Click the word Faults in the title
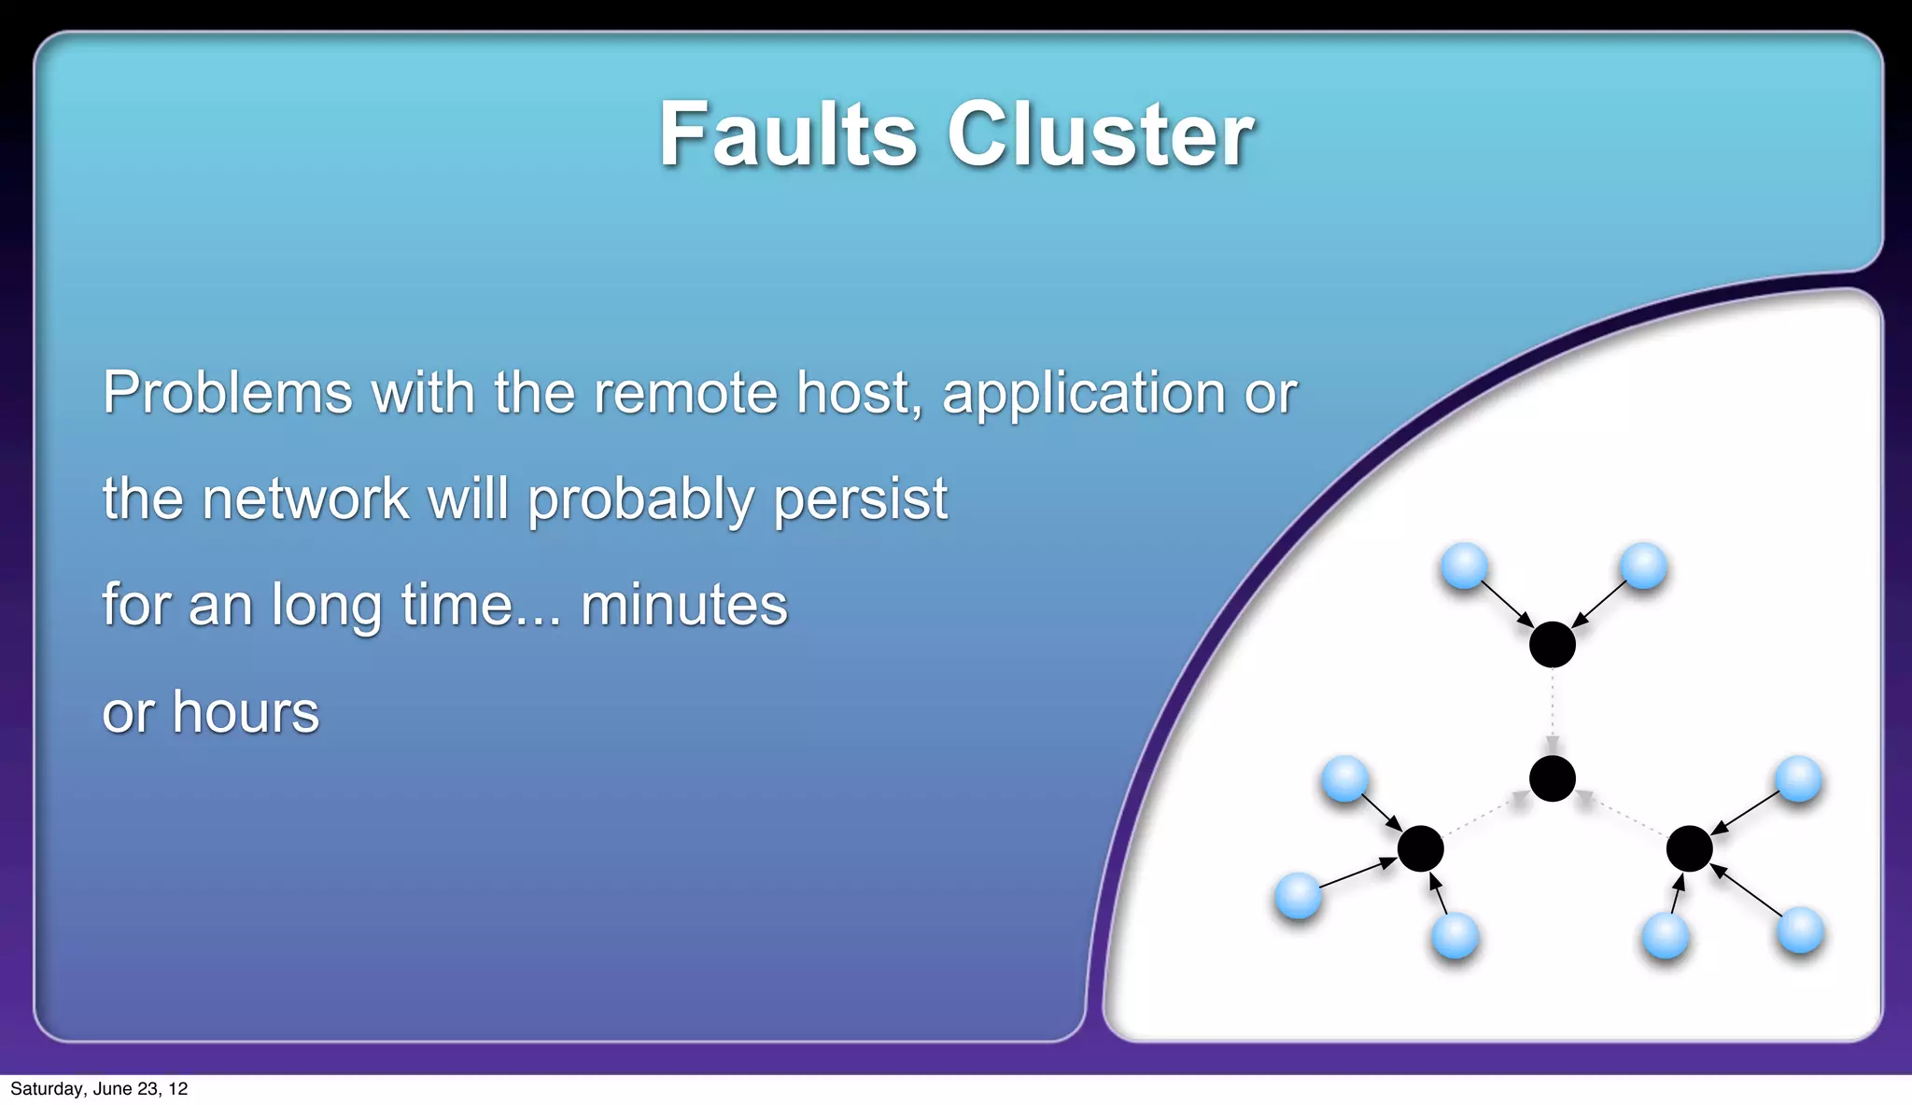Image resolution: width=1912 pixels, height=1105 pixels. [788, 135]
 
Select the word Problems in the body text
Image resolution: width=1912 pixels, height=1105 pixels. [227, 392]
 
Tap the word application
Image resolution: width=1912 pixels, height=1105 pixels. [1083, 394]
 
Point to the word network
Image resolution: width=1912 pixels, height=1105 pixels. [305, 498]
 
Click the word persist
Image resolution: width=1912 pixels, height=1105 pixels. [860, 500]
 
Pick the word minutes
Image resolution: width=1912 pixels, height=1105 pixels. [683, 605]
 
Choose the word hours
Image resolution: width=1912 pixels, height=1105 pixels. [246, 712]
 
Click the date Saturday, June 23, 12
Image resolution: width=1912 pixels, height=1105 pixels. [99, 1088]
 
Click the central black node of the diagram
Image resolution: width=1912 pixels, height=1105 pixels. [1553, 778]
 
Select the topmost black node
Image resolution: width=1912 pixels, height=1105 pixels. [1552, 644]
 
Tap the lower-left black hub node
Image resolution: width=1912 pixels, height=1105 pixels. [1420, 848]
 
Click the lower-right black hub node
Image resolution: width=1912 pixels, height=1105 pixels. [1689, 848]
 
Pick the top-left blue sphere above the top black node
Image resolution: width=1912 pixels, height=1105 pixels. [1464, 566]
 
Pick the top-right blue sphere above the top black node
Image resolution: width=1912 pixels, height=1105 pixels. [1643, 566]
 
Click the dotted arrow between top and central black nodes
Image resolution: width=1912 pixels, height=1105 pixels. [1553, 709]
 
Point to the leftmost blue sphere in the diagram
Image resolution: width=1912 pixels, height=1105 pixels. [1298, 896]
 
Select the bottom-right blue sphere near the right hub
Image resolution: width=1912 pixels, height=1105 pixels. [1800, 930]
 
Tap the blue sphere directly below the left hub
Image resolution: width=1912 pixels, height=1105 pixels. [1455, 935]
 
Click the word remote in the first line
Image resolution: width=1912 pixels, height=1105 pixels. [685, 392]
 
